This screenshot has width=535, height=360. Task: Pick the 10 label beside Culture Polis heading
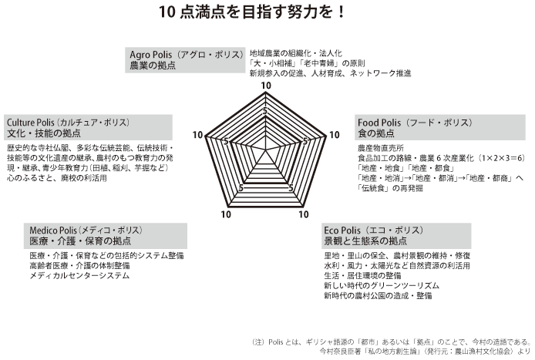(198, 135)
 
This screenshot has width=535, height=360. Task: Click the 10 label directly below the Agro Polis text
(266, 85)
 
